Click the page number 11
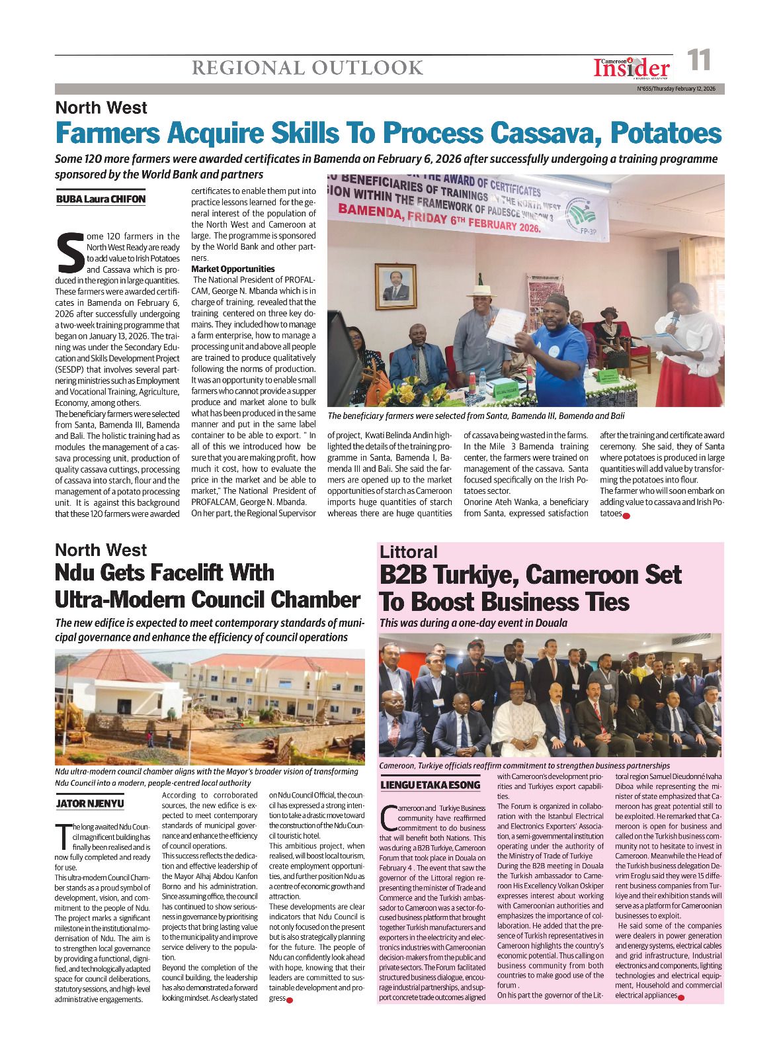(699, 61)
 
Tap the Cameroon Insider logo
(631, 67)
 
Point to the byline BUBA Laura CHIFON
(101, 199)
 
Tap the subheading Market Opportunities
(233, 269)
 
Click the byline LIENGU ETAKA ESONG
(430, 785)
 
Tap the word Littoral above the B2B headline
(408, 552)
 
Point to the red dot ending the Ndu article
(290, 1000)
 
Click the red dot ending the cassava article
(626, 515)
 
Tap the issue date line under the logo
(676, 89)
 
